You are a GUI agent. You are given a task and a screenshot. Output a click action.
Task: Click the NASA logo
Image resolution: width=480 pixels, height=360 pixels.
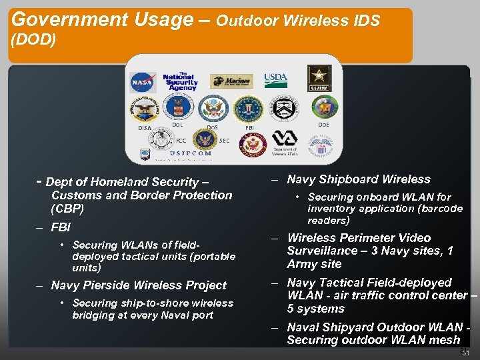pos(143,82)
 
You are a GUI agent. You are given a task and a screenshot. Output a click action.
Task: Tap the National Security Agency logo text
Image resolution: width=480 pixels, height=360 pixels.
pos(180,81)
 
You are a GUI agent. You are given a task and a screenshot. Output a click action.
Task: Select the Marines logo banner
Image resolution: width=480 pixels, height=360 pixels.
pos(231,81)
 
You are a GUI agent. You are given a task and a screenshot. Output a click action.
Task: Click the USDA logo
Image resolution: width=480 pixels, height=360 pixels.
pos(275,80)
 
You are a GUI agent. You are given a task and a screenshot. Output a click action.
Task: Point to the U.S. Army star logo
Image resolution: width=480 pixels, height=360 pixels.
pos(319,79)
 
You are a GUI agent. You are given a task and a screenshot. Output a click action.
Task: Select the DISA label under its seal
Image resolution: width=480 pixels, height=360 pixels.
pos(145,128)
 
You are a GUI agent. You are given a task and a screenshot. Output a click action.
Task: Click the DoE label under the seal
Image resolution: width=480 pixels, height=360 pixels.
pos(323,125)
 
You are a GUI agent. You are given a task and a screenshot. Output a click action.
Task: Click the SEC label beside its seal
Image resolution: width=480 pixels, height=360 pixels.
pos(225,141)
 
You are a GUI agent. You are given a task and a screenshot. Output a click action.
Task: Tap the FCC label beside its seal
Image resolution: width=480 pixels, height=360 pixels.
pos(181,141)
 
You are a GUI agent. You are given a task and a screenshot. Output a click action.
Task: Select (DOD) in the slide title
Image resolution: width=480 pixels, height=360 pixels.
pos(34,40)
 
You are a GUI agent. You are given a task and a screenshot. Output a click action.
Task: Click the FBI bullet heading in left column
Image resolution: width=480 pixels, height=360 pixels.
pos(61,227)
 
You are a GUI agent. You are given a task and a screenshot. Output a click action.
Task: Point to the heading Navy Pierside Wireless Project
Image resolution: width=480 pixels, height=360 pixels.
pos(139,285)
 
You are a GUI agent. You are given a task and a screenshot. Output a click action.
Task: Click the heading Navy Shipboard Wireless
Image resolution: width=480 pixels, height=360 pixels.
pos(359,179)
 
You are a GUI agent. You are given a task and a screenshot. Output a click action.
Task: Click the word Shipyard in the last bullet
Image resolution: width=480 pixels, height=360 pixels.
pos(351,327)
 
